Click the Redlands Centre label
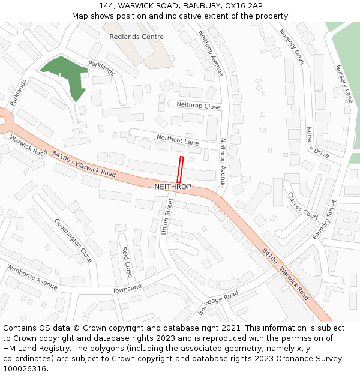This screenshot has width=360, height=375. (x=136, y=37)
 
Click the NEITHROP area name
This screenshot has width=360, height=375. (x=173, y=187)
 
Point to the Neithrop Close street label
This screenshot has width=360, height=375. (x=199, y=105)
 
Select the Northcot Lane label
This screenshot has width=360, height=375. (x=178, y=140)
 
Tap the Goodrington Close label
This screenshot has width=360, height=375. (x=74, y=240)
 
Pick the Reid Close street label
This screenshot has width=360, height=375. (x=126, y=262)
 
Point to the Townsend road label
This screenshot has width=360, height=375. (x=127, y=289)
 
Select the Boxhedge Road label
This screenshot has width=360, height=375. (x=218, y=302)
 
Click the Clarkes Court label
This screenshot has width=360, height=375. (x=303, y=206)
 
